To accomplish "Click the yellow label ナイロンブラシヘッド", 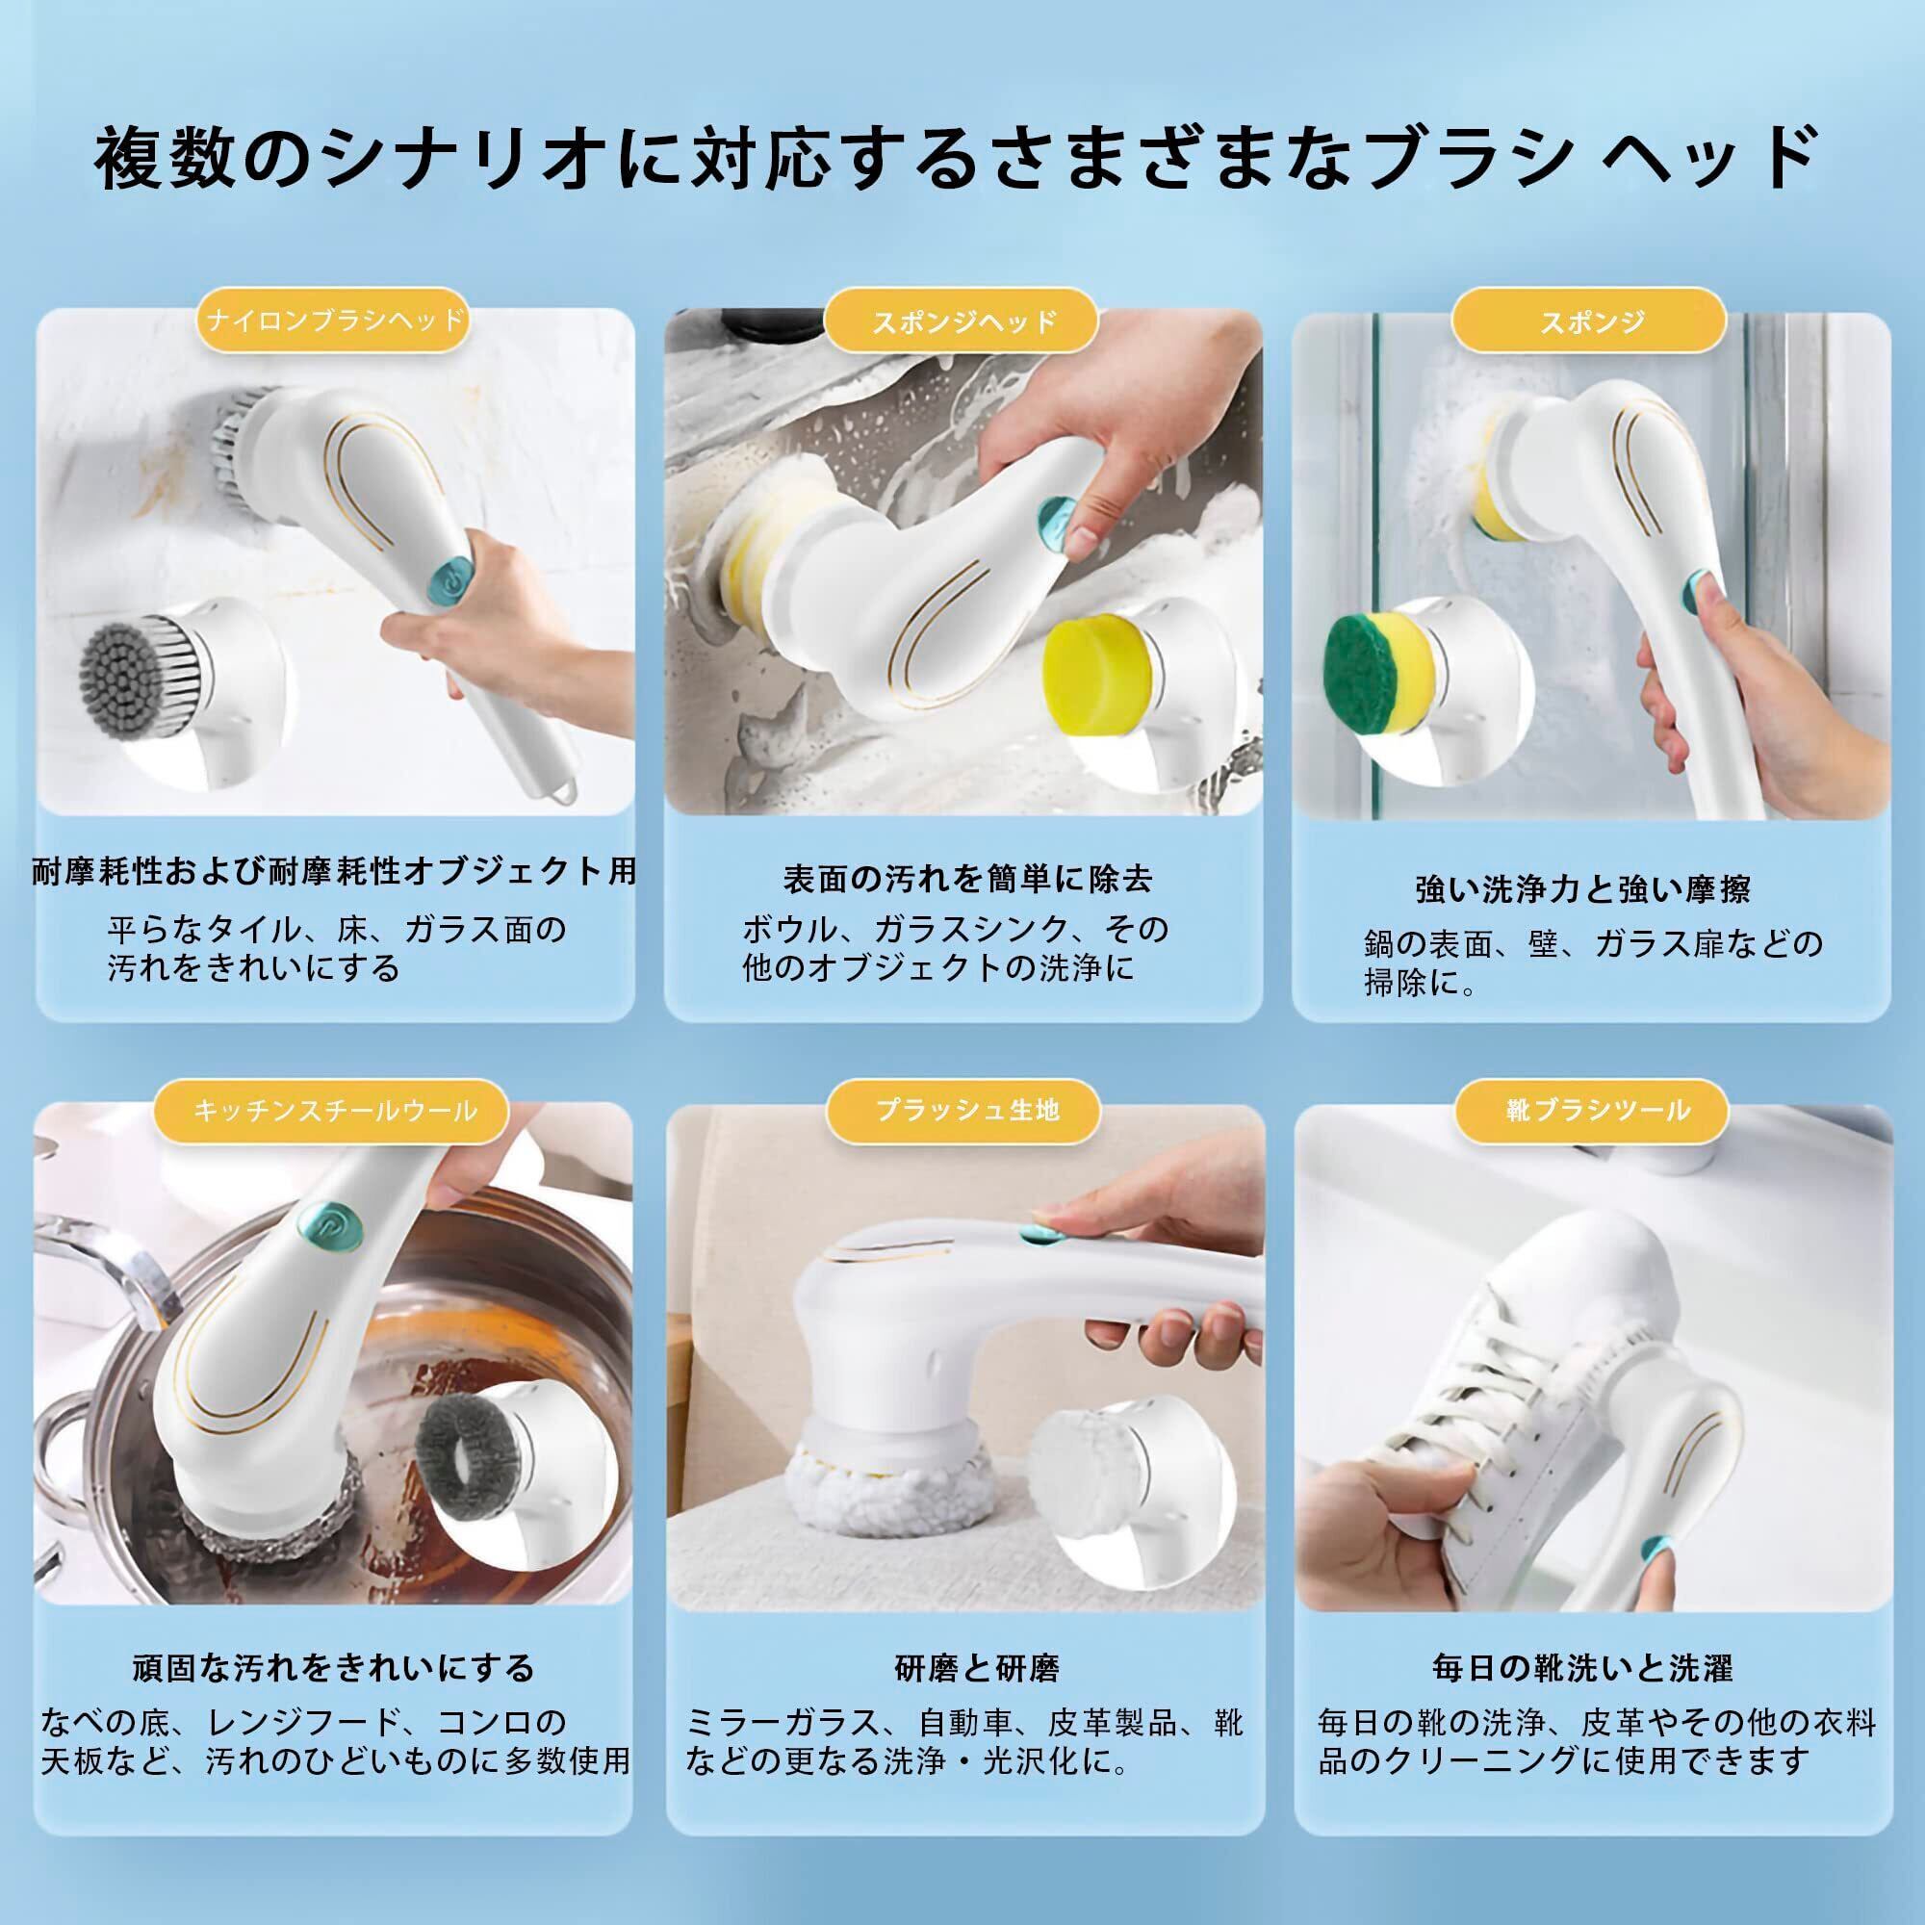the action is point(332,320).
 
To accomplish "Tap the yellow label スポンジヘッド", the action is point(962,320).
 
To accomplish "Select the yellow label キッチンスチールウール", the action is point(334,1110).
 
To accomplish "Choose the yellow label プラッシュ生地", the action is point(965,1110).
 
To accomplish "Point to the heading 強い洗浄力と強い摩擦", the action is point(1582,888).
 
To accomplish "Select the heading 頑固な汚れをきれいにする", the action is point(334,1668).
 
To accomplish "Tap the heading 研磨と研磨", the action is point(976,1668).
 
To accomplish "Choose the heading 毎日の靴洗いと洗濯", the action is point(1582,1668).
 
